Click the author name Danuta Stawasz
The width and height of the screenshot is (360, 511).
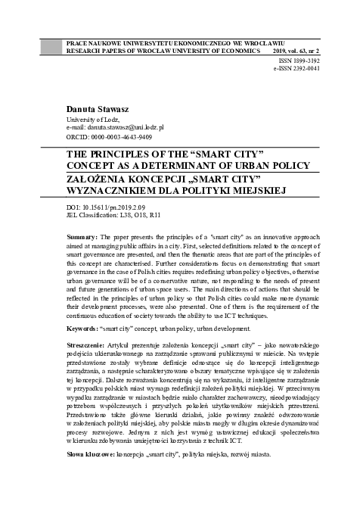point(98,110)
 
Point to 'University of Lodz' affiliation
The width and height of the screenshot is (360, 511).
point(94,120)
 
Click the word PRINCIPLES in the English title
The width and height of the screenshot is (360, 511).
point(131,152)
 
